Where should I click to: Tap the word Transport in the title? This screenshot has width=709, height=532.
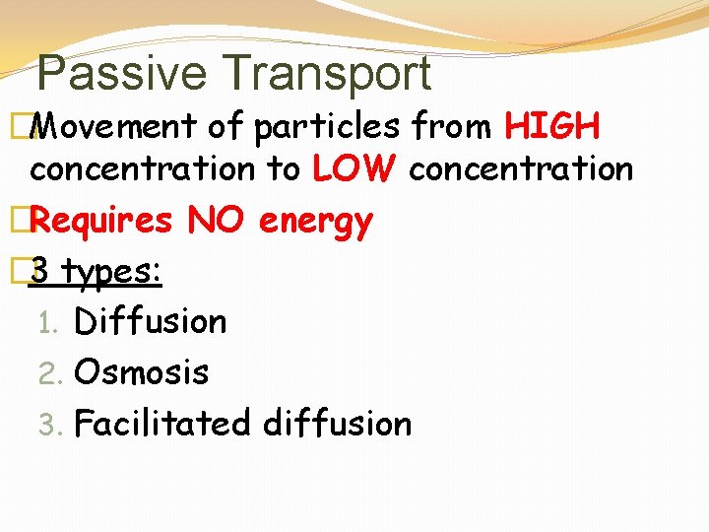click(x=327, y=74)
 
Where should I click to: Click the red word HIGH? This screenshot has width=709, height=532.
click(x=551, y=126)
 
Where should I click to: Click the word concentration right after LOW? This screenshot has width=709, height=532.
click(x=521, y=169)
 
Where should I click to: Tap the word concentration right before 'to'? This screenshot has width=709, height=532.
click(x=142, y=169)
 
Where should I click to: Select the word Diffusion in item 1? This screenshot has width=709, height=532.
click(x=151, y=321)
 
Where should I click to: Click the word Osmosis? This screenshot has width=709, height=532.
click(x=142, y=372)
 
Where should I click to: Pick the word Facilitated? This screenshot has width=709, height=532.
click(x=162, y=424)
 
